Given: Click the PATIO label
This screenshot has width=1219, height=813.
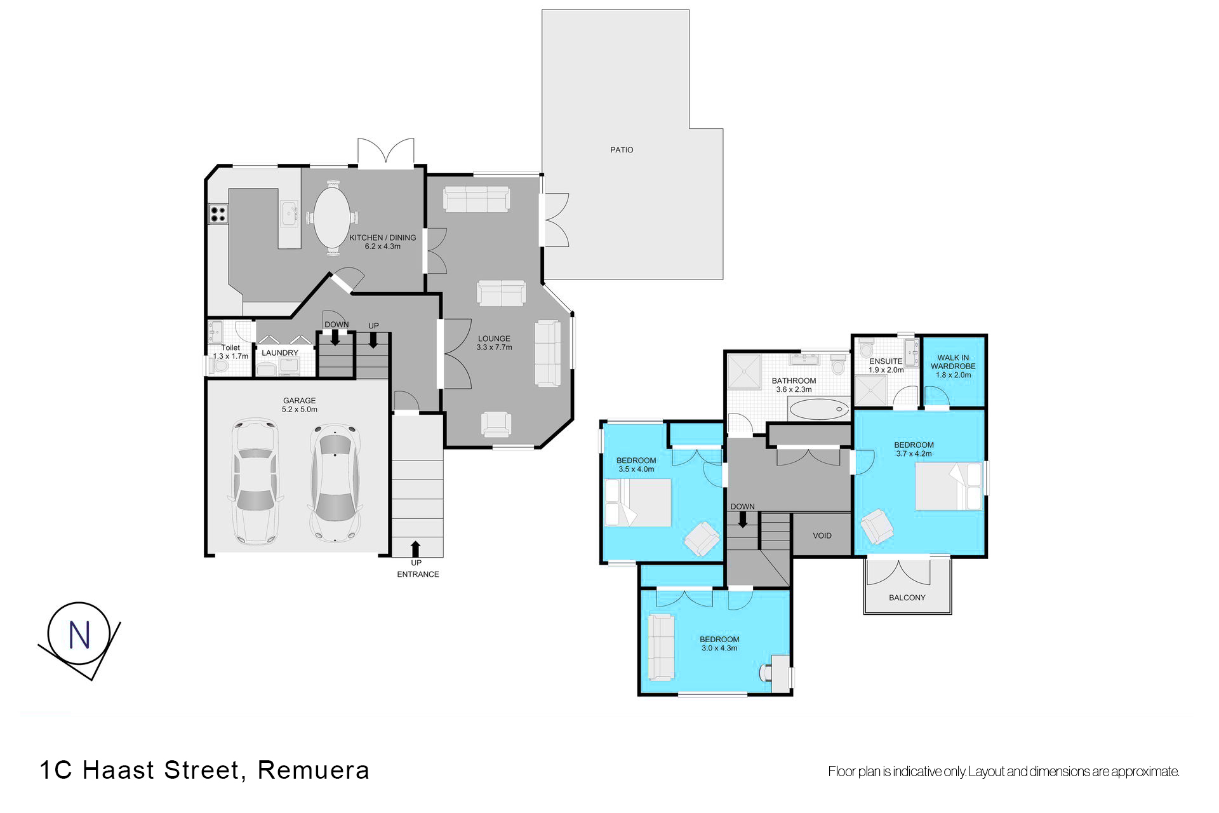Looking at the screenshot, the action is pyautogui.click(x=622, y=150).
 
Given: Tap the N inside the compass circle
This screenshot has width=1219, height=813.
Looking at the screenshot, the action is pyautogui.click(x=79, y=635).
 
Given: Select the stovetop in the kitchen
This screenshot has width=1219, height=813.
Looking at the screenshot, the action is pyautogui.click(x=218, y=213).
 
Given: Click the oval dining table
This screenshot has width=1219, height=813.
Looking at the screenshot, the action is pyautogui.click(x=332, y=218).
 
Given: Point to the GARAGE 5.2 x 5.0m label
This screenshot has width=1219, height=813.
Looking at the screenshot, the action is pyautogui.click(x=300, y=405).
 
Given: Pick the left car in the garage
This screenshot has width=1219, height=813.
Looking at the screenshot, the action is pyautogui.click(x=255, y=481).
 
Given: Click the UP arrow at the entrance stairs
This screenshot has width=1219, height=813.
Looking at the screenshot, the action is pyautogui.click(x=416, y=548).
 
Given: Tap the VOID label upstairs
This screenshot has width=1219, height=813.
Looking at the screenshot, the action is pyautogui.click(x=822, y=535).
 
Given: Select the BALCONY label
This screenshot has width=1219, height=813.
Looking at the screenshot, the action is pyautogui.click(x=907, y=598).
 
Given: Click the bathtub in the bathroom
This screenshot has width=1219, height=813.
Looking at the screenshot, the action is pyautogui.click(x=818, y=409).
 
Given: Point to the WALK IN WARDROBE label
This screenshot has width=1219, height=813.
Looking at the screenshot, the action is pyautogui.click(x=953, y=362).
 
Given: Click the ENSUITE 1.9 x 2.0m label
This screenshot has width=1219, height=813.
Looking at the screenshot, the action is pyautogui.click(x=886, y=365).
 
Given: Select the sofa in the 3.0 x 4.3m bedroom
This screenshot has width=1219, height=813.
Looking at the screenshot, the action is pyautogui.click(x=661, y=648).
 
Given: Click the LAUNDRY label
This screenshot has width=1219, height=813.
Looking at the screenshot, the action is pyautogui.click(x=280, y=353).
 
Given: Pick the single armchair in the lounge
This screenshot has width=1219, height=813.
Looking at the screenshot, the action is pyautogui.click(x=496, y=424).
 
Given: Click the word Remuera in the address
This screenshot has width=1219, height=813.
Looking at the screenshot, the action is pyautogui.click(x=314, y=770).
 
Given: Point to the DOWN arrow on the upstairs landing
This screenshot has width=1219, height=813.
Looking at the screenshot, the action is pyautogui.click(x=742, y=520).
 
